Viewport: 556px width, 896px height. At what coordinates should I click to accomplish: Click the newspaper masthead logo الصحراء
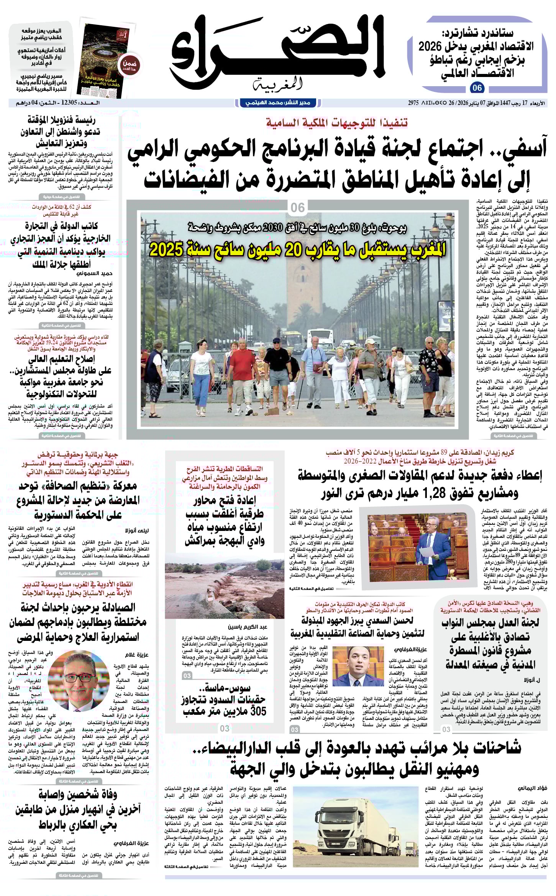tap(277, 50)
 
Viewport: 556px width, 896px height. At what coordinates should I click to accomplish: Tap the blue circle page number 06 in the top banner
tap(477, 88)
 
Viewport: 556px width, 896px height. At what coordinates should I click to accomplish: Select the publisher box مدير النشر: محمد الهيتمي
tap(278, 103)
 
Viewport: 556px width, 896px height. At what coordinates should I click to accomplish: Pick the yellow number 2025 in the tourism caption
tap(166, 250)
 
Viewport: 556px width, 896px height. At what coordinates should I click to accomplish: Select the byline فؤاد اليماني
tap(532, 788)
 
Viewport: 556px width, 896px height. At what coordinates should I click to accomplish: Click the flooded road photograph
tap(225, 590)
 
